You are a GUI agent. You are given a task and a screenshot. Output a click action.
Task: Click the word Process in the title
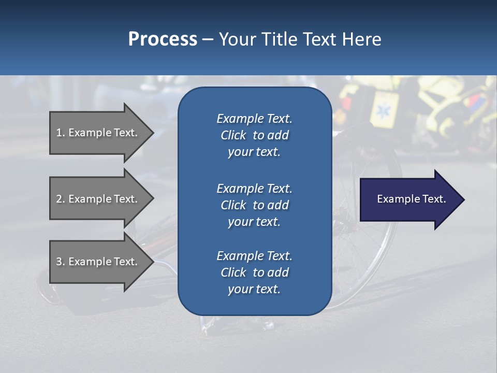(163, 39)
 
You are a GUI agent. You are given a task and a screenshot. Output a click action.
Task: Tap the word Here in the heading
(361, 39)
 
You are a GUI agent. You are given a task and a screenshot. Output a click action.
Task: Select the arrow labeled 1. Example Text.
(98, 133)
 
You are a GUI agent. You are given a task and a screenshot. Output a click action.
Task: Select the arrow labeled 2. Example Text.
(98, 199)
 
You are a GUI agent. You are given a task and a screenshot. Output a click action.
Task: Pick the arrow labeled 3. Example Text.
(98, 262)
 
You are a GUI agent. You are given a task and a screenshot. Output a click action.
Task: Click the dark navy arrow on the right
(409, 199)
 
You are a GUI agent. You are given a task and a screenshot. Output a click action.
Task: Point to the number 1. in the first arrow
(61, 133)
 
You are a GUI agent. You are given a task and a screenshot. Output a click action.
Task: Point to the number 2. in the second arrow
(61, 199)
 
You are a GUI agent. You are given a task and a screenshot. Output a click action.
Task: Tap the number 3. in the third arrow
(61, 262)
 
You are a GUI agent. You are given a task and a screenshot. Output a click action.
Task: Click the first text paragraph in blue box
(254, 135)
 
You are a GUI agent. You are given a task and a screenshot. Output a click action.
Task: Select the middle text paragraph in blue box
(254, 205)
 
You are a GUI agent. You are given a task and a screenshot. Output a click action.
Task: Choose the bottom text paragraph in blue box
(254, 272)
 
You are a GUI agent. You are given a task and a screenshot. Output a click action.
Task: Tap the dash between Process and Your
(208, 39)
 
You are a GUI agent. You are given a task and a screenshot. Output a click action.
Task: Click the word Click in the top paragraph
(233, 135)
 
